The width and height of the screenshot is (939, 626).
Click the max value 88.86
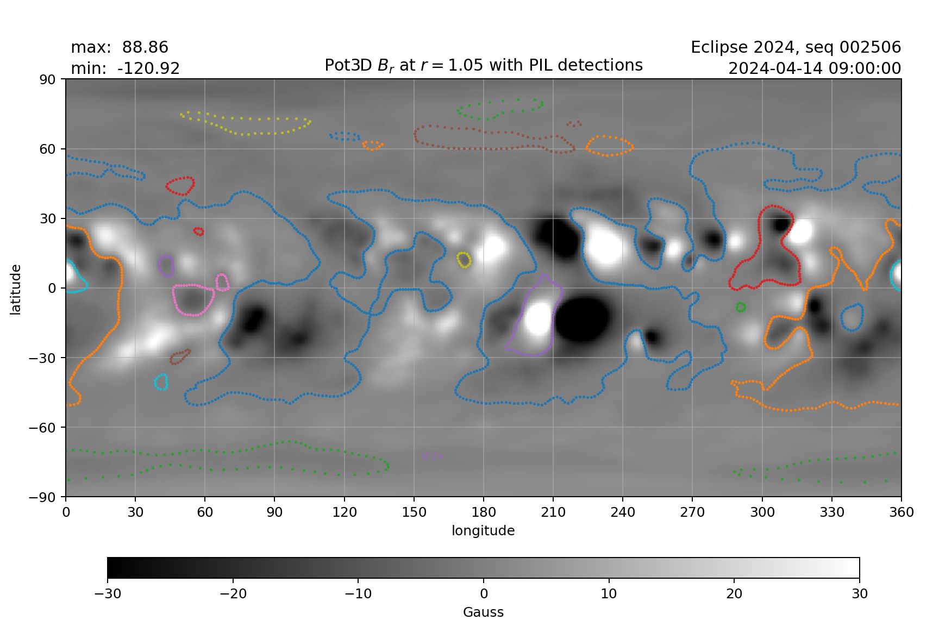pos(145,47)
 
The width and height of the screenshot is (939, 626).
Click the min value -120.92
pos(148,68)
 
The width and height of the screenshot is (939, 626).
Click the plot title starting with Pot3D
pos(483,65)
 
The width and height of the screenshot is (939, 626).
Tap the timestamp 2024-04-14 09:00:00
pos(814,68)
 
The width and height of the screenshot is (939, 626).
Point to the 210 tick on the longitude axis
pos(553,512)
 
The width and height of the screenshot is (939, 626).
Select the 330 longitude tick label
pos(831,512)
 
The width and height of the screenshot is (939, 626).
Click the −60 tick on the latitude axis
pos(45,428)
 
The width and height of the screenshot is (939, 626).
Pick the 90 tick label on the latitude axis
pos(48,79)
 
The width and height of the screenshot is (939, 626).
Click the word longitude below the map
pos(483,530)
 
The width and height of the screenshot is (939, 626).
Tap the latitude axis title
pos(15,289)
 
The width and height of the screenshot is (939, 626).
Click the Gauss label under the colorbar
pos(483,612)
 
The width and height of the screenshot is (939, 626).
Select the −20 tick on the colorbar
pos(233,593)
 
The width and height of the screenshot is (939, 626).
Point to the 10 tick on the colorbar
pos(609,593)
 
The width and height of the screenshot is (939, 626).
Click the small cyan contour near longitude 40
pos(161,382)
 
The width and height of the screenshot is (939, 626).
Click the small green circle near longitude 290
pos(740,308)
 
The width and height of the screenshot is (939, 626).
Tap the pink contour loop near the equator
pos(193,299)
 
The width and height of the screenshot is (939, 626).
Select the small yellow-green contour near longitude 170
pos(464,260)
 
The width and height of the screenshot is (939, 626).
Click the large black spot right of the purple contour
pos(581,320)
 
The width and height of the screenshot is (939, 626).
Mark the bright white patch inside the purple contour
pos(538,321)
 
